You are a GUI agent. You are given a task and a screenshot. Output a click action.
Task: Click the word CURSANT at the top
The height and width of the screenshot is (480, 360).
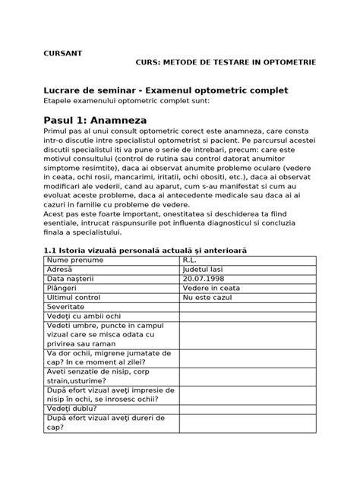click(61, 53)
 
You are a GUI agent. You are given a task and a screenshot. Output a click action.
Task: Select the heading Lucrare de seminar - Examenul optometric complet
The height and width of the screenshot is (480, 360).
click(165, 90)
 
